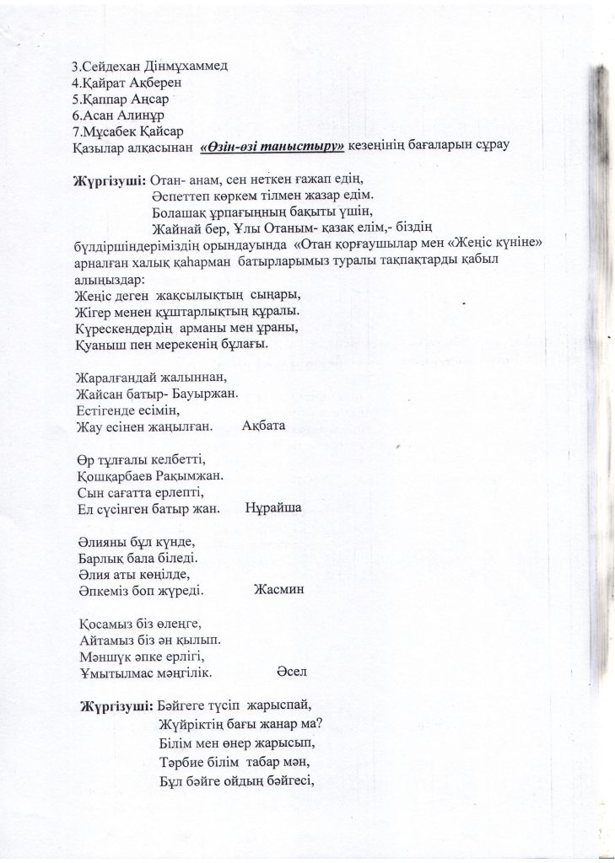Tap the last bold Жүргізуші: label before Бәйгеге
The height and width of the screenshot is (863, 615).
pos(116,700)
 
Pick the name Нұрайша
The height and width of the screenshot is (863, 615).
pos(274,509)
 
